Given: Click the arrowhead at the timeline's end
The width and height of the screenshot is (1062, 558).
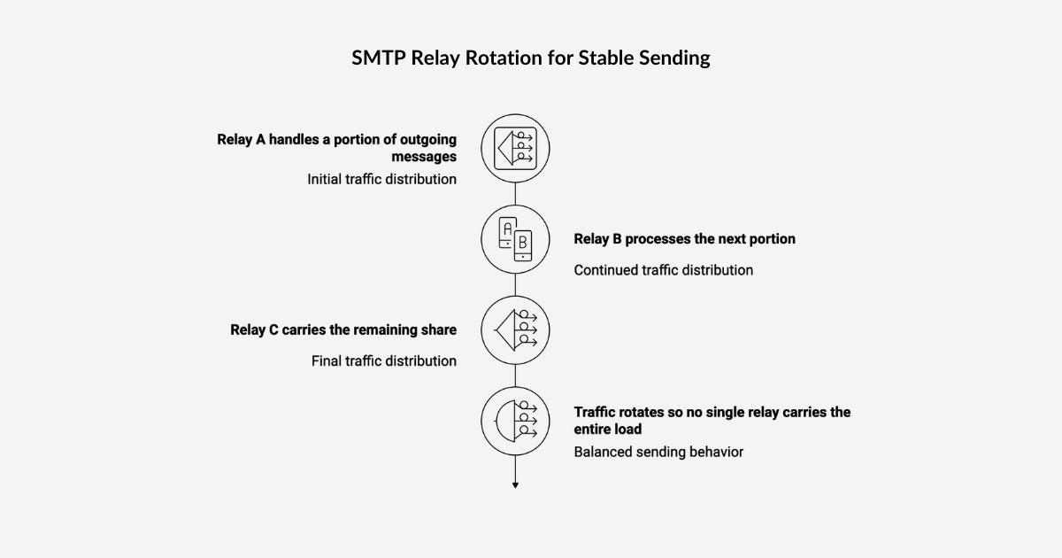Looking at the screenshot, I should click(515, 484).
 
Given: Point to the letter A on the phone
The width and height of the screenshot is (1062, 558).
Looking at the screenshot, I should click(507, 229).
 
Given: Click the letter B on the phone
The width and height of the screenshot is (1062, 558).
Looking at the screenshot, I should click(523, 241).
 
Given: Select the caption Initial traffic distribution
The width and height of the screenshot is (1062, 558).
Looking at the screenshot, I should click(381, 179).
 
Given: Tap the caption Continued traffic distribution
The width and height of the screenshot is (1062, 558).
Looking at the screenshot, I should click(663, 270).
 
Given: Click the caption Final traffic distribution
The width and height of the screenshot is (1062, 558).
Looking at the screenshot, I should click(383, 360).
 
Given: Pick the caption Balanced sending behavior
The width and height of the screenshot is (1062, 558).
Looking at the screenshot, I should click(658, 452).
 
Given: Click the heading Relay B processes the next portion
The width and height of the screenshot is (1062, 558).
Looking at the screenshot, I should click(684, 239).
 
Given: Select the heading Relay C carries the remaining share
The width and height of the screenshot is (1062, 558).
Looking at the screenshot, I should click(343, 330).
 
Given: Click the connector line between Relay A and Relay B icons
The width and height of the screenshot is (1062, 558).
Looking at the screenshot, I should click(515, 193).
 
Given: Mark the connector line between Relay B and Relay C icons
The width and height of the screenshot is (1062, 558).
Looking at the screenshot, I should click(515, 284).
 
